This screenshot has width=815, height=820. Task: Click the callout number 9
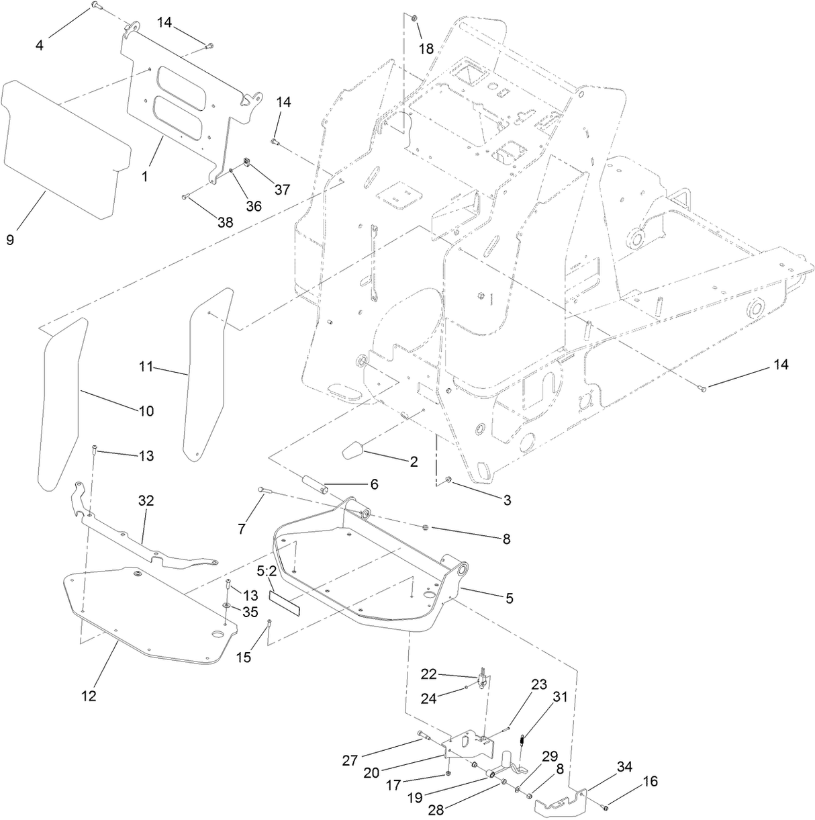10,240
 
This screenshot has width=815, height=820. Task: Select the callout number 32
146,500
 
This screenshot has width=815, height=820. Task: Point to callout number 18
426,48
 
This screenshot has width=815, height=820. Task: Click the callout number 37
282,189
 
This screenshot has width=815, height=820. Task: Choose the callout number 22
429,673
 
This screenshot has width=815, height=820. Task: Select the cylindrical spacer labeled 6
314,484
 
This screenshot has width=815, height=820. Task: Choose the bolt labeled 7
262,491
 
